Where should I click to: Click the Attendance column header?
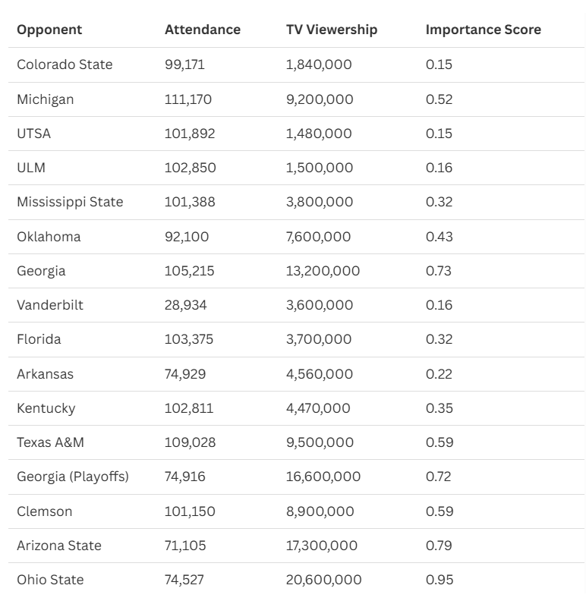pos(203,30)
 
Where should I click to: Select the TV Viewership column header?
pos(332,30)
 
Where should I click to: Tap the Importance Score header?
pos(484,30)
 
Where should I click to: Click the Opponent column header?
pos(49,30)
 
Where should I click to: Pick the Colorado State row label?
pos(65,65)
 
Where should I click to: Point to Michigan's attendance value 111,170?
pos(188,99)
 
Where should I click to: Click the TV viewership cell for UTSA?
pos(319,134)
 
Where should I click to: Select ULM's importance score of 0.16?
pos(439,168)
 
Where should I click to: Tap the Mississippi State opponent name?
pos(70,202)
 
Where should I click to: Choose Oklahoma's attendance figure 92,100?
pos(187,237)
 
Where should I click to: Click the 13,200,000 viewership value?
pos(323,271)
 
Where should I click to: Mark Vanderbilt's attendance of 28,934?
pos(186,305)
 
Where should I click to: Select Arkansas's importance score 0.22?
pos(439,374)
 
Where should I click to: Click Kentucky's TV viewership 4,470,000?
pos(318,408)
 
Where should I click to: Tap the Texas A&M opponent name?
pos(51,442)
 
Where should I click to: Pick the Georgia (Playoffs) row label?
pos(73,477)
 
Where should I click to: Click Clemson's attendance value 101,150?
pos(190,511)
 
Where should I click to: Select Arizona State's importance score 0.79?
pos(439,546)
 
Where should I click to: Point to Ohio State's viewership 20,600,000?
pos(323,580)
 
